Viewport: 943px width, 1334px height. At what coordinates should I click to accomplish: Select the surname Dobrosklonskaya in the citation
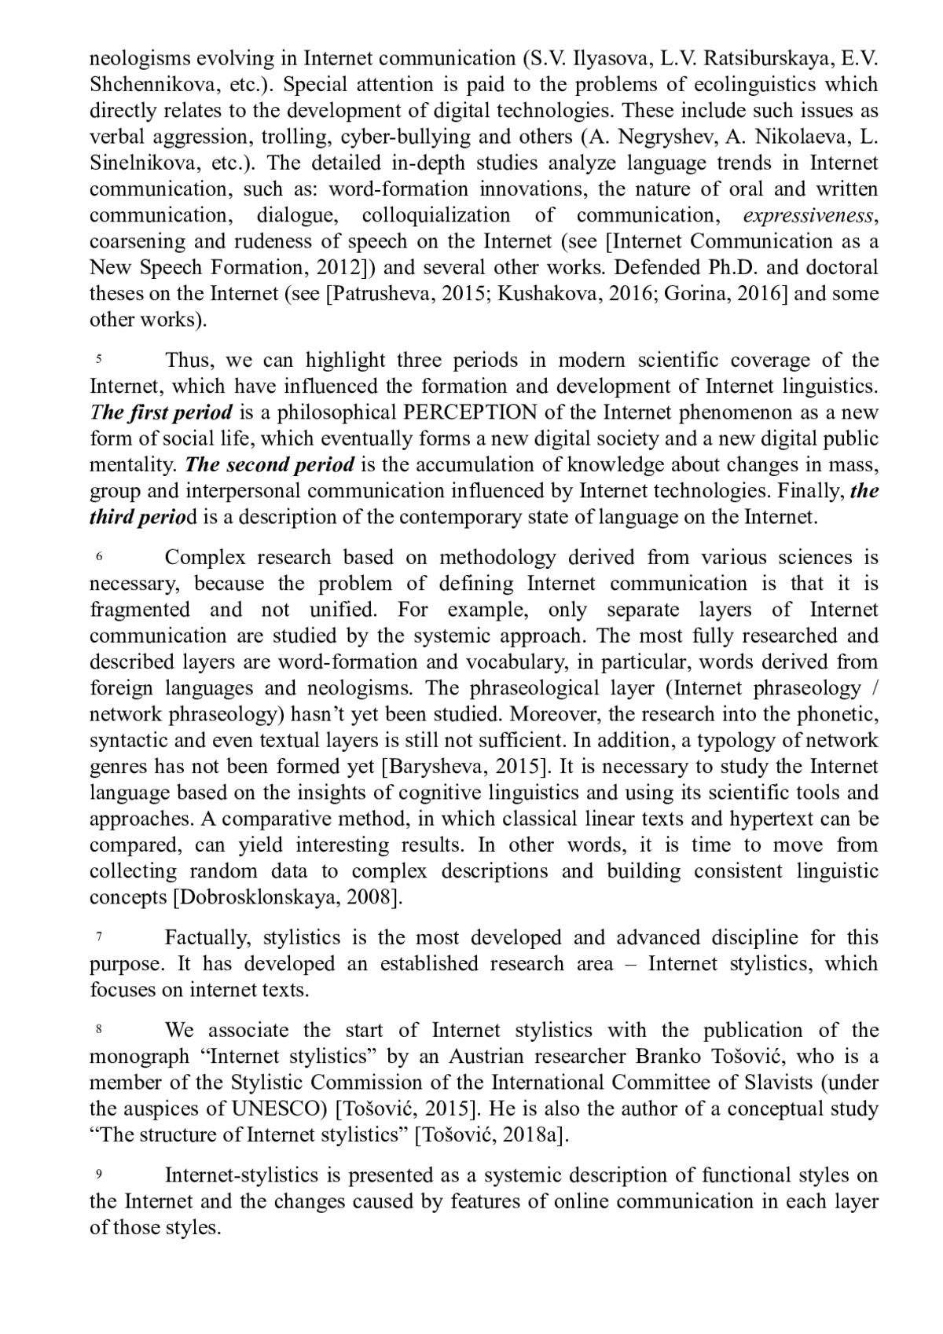(x=256, y=897)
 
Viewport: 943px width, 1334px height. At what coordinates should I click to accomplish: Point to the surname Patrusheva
(x=380, y=294)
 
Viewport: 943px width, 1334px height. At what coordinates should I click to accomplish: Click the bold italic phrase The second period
(x=270, y=465)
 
